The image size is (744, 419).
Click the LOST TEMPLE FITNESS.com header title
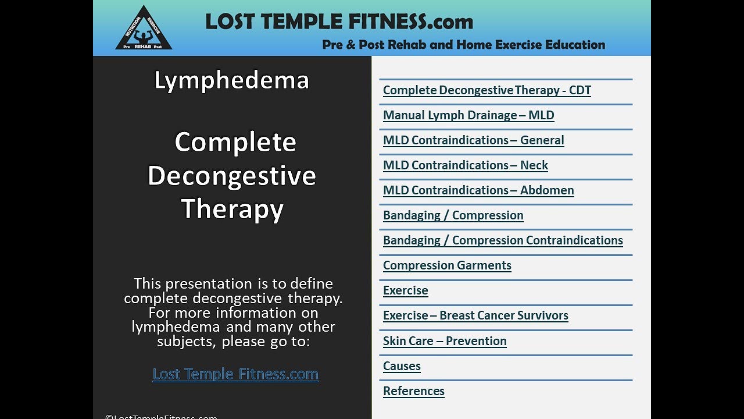pyautogui.click(x=339, y=22)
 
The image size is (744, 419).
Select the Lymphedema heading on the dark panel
pyautogui.click(x=231, y=80)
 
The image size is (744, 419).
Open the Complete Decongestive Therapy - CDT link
pyautogui.click(x=487, y=90)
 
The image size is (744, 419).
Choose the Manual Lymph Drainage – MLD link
pyautogui.click(x=468, y=115)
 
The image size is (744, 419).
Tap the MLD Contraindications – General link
pyautogui.click(x=473, y=140)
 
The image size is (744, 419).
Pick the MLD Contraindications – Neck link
pyautogui.click(x=465, y=165)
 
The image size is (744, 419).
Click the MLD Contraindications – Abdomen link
pyautogui.click(x=478, y=190)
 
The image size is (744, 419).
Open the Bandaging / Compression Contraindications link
pyautogui.click(x=502, y=240)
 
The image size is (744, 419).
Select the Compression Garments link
pyautogui.click(x=446, y=265)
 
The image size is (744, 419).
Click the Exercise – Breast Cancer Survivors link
pyautogui.click(x=475, y=315)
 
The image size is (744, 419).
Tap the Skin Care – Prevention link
pyautogui.click(x=444, y=341)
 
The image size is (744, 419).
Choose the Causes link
pyautogui.click(x=402, y=366)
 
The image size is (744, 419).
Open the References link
pyautogui.click(x=413, y=391)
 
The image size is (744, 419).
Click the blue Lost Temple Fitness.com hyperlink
pyautogui.click(x=235, y=374)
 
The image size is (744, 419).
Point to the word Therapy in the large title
pyautogui.click(x=232, y=209)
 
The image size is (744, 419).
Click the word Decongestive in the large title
pyautogui.click(x=231, y=176)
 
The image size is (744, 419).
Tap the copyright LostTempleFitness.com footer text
pyautogui.click(x=161, y=416)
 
